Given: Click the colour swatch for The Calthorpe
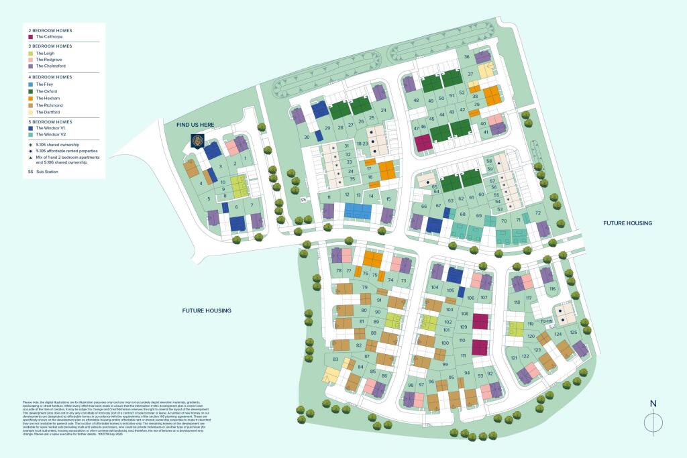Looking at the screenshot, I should [30, 38].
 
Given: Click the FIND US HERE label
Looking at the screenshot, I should [195, 125].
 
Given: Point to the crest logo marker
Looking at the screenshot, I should [197, 141].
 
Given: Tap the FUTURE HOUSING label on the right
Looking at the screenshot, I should [627, 223].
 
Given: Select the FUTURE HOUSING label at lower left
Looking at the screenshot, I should [207, 310].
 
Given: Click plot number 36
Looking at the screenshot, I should [467, 57].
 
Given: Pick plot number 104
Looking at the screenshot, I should [435, 287].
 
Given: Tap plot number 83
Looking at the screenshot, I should [335, 360].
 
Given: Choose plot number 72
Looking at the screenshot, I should [537, 214].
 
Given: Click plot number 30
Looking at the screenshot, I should [307, 137].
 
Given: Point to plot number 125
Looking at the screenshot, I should [573, 332].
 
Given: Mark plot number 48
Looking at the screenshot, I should [416, 101].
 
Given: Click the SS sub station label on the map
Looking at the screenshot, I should [303, 199].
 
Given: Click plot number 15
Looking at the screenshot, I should [388, 198].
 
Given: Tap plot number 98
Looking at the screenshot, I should [410, 385].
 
